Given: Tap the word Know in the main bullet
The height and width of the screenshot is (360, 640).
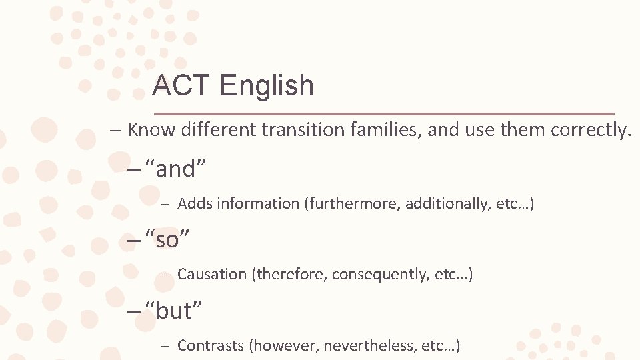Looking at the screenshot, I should pyautogui.click(x=150, y=129).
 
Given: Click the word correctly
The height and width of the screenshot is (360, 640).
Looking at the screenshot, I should pyautogui.click(x=591, y=129).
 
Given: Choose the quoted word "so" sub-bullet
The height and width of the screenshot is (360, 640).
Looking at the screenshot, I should pyautogui.click(x=167, y=239).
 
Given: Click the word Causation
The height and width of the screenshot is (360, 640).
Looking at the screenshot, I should pyautogui.click(x=212, y=274).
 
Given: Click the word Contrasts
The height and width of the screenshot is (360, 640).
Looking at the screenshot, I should pyautogui.click(x=210, y=345).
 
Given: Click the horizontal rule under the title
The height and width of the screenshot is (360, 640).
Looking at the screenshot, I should pyautogui.click(x=383, y=113).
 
